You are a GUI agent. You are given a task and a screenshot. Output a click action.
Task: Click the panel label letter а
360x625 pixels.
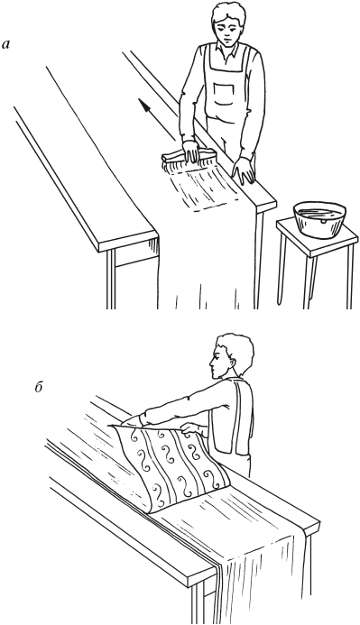click(6, 45)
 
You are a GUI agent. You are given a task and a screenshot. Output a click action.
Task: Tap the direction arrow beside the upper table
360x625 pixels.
click(158, 119)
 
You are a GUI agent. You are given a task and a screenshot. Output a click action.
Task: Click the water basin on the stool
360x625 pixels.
click(319, 220)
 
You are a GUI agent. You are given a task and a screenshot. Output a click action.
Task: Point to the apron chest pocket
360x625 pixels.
click(224, 93)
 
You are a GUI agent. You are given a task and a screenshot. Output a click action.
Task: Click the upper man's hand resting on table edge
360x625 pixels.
click(244, 170)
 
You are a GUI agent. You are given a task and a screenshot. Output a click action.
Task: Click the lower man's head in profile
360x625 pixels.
click(231, 356)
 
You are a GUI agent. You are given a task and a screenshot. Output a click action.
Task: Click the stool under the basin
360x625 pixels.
click(318, 263)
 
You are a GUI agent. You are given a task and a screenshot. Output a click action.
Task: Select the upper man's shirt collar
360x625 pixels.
click(226, 49)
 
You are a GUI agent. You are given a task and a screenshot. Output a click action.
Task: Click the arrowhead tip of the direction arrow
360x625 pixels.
click(140, 99)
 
